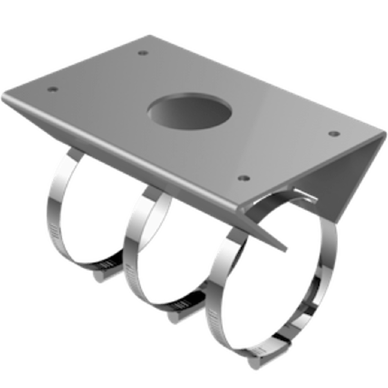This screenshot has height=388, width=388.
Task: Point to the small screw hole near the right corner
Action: [x=334, y=133]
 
